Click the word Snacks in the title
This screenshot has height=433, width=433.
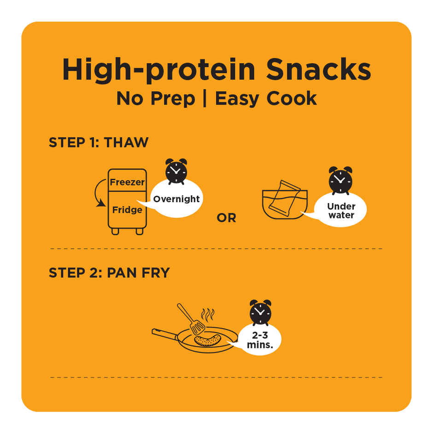click(x=318, y=70)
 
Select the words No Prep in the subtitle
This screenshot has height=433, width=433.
click(x=156, y=99)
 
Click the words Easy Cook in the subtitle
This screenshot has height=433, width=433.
click(x=266, y=99)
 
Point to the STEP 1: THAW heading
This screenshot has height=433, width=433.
click(x=99, y=142)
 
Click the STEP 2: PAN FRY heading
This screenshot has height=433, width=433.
click(x=109, y=273)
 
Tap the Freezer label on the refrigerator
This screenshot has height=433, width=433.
click(x=127, y=182)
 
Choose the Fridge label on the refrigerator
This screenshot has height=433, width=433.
click(x=127, y=210)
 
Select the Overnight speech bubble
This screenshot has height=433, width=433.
click(x=176, y=199)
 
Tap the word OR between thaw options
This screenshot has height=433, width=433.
click(x=227, y=218)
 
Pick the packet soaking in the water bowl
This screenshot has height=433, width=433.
click(x=284, y=198)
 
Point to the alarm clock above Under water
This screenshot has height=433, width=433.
click(x=340, y=180)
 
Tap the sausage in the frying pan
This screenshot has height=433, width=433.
click(x=207, y=340)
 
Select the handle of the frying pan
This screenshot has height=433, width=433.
click(x=165, y=334)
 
